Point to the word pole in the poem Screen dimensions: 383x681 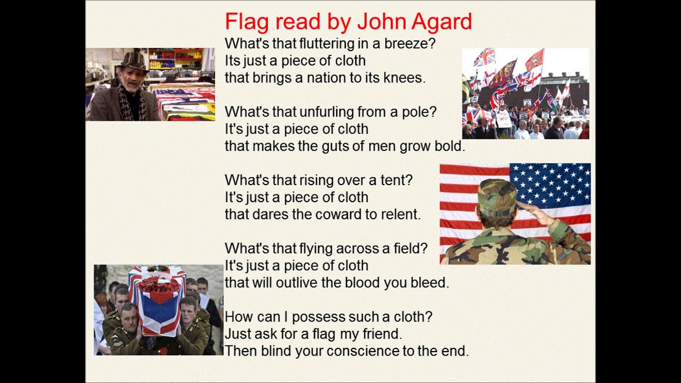pos(420,112)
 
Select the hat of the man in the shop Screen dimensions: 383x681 pos(131,62)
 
